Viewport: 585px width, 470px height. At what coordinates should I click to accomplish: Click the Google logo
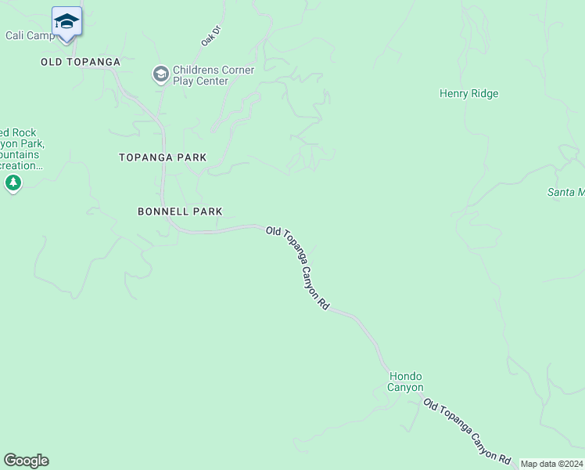[x=26, y=461]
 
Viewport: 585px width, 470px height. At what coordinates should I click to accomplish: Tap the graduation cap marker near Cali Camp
[x=66, y=22]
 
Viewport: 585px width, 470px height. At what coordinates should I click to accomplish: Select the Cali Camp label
[x=30, y=36]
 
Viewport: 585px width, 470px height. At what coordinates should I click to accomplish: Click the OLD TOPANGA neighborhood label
[x=81, y=61]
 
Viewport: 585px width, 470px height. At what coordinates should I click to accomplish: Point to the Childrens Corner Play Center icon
[x=160, y=74]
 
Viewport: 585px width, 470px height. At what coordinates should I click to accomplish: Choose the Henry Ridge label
[x=468, y=94]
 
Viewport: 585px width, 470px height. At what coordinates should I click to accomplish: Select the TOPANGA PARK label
[x=163, y=157]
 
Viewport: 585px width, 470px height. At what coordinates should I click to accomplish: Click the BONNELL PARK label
[x=180, y=211]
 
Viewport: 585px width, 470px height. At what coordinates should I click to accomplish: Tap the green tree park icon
[x=13, y=183]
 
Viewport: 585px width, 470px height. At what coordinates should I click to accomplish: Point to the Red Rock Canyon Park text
[x=22, y=149]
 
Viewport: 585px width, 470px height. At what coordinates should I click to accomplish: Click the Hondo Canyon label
[x=406, y=381]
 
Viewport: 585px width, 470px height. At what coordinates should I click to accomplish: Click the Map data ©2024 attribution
[x=551, y=464]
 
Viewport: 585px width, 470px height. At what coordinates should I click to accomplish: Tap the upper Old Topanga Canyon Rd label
[x=297, y=267]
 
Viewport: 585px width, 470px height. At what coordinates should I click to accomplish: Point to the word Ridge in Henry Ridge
[x=484, y=94]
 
